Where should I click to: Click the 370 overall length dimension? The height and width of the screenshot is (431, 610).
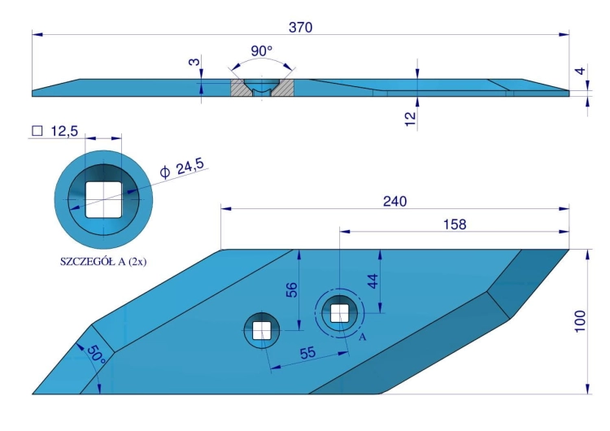click(300, 27)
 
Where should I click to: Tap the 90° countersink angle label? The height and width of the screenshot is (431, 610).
click(261, 51)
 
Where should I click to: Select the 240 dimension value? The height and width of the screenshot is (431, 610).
click(394, 201)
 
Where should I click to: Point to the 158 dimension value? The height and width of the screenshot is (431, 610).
click(455, 224)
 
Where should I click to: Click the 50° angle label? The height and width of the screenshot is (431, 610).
click(96, 355)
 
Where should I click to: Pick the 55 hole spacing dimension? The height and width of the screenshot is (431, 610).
click(307, 353)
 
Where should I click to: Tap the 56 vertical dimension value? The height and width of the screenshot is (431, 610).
click(292, 290)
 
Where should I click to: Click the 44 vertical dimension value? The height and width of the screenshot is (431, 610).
click(373, 281)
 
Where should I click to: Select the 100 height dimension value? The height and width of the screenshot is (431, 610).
click(580, 321)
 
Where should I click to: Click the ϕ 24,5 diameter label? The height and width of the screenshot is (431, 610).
click(181, 168)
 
